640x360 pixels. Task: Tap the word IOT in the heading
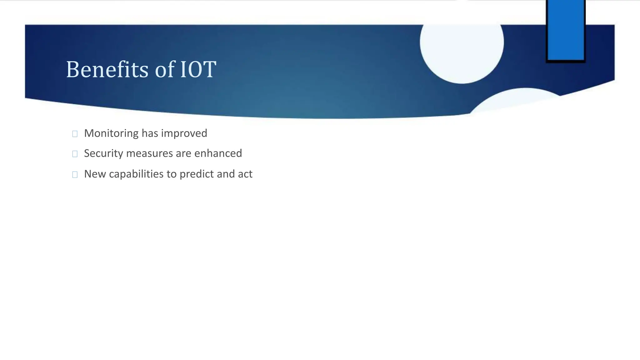point(198,69)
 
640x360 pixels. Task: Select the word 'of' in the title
point(164,69)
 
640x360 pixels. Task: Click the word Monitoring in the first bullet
point(111,133)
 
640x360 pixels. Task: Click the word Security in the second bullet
point(103,153)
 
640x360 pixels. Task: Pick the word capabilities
point(136,174)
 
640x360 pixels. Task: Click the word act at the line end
point(245,174)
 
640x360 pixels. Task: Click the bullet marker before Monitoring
point(75,134)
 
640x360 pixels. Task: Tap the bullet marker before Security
point(75,154)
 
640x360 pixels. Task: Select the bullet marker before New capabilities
point(75,175)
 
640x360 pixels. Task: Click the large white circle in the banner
point(462,47)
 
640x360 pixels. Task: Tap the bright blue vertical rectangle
point(566,30)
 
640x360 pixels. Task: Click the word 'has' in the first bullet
point(150,133)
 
